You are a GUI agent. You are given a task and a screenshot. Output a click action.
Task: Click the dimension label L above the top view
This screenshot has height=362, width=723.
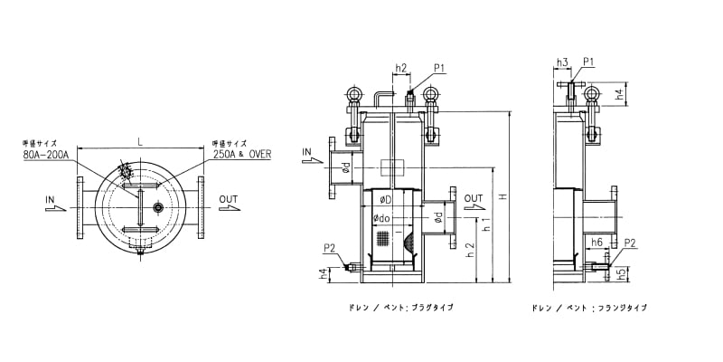point(139,141)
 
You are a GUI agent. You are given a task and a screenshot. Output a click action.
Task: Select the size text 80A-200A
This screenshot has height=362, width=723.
point(48,154)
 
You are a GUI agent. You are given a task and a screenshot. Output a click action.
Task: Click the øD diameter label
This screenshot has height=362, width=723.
point(385,199)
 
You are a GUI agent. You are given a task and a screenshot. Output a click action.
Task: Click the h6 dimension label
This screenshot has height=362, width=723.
point(596,243)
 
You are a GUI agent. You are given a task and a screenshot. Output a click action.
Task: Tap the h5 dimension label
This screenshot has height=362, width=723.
point(621,271)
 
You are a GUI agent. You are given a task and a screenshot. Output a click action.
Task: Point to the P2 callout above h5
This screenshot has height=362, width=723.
point(630,243)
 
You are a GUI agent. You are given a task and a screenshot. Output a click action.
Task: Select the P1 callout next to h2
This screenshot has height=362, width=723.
point(439,67)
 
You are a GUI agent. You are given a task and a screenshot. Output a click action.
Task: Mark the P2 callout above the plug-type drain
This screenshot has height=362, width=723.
point(330,248)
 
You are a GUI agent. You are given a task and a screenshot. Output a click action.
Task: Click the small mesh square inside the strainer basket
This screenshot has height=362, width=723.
point(382,239)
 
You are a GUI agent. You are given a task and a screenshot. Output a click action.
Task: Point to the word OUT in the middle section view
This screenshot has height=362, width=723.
point(474,198)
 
